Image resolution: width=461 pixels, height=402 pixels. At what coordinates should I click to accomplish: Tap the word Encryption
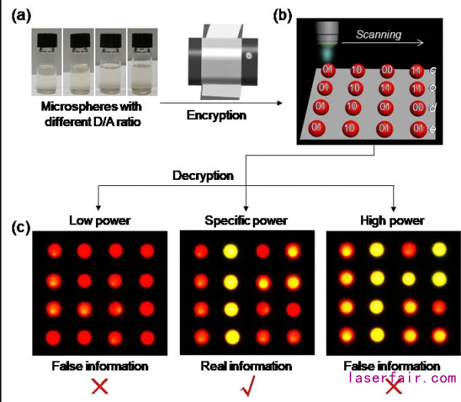coord(217,115)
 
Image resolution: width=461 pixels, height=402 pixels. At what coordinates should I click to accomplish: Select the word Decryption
coord(203,175)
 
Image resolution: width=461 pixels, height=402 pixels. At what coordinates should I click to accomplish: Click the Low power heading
coord(98,221)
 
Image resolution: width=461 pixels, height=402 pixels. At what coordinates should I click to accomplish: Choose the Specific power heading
coord(245,221)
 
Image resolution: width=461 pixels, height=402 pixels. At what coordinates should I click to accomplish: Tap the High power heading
coord(392,221)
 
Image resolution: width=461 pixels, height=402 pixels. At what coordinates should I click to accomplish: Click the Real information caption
coord(246,366)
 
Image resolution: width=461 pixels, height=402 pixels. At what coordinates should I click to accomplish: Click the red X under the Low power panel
coord(99,387)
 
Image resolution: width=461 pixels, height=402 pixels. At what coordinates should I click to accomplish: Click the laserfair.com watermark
coord(403,378)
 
